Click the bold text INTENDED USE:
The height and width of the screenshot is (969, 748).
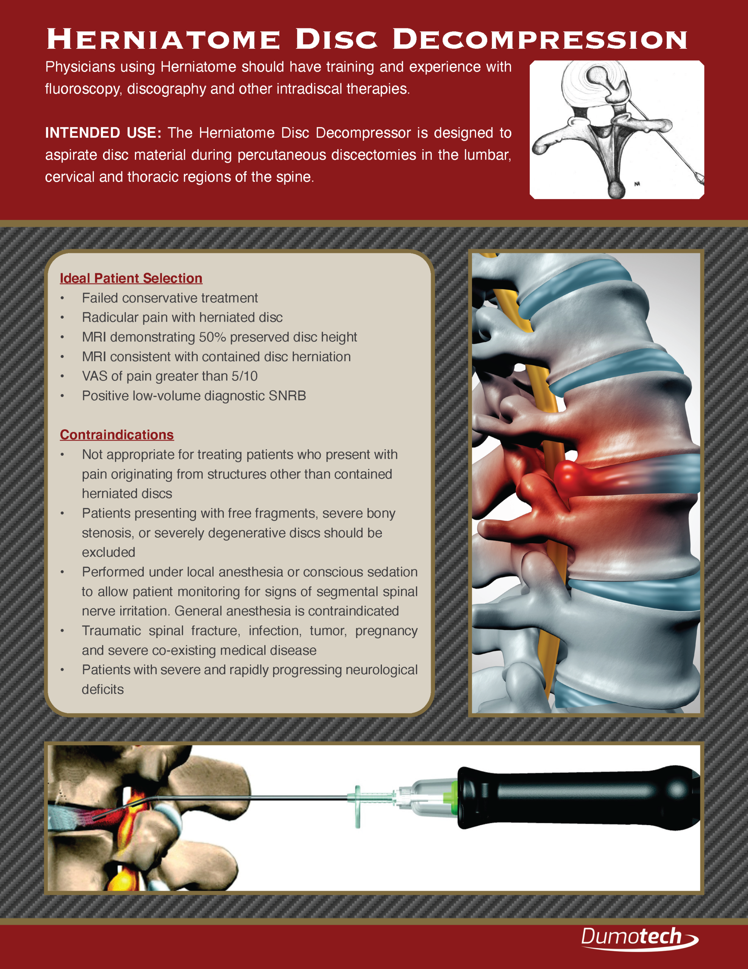pos(103,132)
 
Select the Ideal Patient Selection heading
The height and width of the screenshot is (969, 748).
pos(131,278)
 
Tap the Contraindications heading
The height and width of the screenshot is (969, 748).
pos(116,435)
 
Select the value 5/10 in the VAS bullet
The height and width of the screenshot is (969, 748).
pos(244,376)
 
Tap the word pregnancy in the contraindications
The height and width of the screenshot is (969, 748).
pos(386,631)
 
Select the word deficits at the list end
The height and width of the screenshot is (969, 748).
pos(102,690)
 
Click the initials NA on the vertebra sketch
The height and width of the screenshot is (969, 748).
pos(637,184)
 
